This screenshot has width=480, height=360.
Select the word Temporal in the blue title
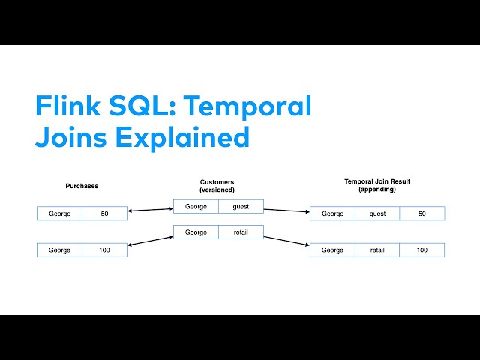coord(247,106)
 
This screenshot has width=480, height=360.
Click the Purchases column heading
coord(82,186)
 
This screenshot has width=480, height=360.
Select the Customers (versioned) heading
coord(217,186)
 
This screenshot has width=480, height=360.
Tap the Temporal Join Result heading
coord(376,184)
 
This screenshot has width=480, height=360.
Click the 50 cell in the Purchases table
coord(104,214)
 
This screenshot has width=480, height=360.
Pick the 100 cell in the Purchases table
coord(104,250)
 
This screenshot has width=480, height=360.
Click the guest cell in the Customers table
coord(241,206)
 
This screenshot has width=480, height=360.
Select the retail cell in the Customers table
coord(241,232)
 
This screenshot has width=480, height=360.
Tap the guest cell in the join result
coord(376,214)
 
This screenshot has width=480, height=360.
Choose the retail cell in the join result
coord(376,250)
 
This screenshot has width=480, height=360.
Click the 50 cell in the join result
coord(421,214)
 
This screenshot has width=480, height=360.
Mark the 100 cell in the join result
coord(421,250)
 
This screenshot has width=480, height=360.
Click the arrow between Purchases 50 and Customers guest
coord(150,210)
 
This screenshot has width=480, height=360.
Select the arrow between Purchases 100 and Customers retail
coord(150,241)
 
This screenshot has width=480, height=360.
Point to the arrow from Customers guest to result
coord(286,210)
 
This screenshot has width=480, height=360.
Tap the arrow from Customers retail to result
coord(286,241)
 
